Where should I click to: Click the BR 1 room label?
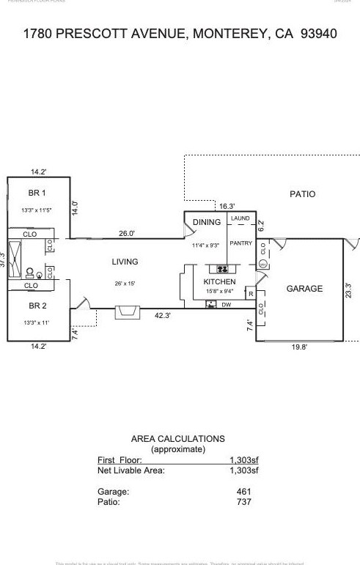click(x=37, y=193)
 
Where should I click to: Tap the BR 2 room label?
click(x=37, y=306)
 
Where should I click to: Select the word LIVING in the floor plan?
click(x=125, y=262)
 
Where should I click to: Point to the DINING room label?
click(x=207, y=222)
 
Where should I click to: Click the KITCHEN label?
click(x=219, y=281)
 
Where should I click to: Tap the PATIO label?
click(x=302, y=194)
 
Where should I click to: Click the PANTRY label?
click(x=240, y=243)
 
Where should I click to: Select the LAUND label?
click(x=240, y=218)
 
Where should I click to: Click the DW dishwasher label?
click(x=227, y=304)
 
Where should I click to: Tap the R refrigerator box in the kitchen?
click(x=250, y=294)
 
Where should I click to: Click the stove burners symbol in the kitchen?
click(x=221, y=268)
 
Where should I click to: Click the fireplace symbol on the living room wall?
click(x=127, y=314)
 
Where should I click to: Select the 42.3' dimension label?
click(x=163, y=316)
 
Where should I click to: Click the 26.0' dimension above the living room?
click(x=127, y=233)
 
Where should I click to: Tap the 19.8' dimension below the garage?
click(x=299, y=347)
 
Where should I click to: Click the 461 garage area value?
click(x=243, y=492)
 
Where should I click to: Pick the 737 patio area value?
click(x=243, y=502)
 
